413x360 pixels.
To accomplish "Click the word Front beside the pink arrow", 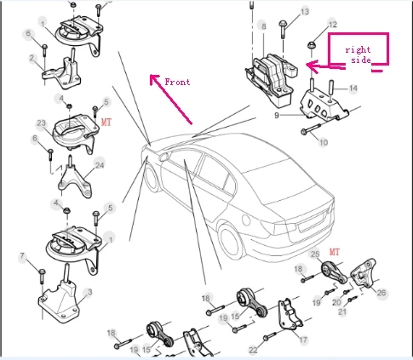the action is [x=177, y=82].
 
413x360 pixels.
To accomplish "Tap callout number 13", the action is [x=305, y=12].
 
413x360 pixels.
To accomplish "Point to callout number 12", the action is [x=333, y=25].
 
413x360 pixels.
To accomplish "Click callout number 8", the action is [x=264, y=26].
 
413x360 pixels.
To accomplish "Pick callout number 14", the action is [x=353, y=89].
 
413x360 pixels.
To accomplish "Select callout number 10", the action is [x=324, y=142].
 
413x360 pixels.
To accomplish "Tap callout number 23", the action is [x=41, y=123].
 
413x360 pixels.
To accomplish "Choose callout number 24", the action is [x=100, y=165].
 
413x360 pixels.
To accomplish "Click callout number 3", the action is [x=90, y=292].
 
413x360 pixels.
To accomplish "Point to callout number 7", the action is [x=23, y=257].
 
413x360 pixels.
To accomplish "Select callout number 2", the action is [x=32, y=58].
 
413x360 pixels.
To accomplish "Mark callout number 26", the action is [x=381, y=293].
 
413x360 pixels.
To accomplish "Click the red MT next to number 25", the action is [x=335, y=252].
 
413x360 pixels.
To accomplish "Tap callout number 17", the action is [x=303, y=340].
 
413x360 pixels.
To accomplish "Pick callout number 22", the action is [x=253, y=351].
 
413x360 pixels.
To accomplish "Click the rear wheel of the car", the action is [x=230, y=240].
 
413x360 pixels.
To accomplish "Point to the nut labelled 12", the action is [x=312, y=45].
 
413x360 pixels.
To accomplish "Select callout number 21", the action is [x=342, y=311].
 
